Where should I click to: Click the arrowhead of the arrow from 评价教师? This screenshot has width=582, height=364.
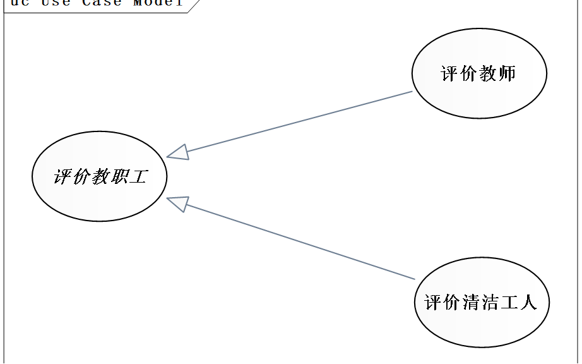[x=178, y=152]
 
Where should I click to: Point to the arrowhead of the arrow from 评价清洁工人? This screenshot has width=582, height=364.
[x=178, y=203]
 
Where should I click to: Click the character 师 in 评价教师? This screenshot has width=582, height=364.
[x=507, y=74]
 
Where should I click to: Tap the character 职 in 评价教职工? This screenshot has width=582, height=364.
[x=119, y=176]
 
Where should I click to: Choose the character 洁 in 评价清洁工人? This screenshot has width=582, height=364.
[x=490, y=302]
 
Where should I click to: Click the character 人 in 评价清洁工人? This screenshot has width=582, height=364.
[x=528, y=302]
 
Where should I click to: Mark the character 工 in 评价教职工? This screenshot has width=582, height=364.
[x=138, y=176]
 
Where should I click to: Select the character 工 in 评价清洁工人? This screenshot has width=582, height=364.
[x=509, y=302]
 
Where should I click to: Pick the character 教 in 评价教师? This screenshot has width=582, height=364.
[x=488, y=74]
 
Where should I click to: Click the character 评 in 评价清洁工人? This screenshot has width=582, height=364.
[x=434, y=302]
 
